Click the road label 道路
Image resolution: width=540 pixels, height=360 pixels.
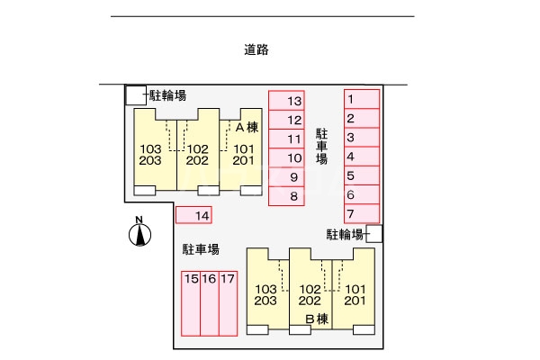[x=256, y=50]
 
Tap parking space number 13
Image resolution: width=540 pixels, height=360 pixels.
[x=286, y=100]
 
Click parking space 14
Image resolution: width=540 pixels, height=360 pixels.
[x=194, y=215]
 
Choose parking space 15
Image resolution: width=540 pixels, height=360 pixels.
[x=191, y=303]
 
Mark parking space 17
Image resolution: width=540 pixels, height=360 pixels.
[x=228, y=303]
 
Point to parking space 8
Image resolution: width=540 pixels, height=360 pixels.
[x=286, y=195]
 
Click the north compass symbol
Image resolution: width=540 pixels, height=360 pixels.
[x=139, y=234]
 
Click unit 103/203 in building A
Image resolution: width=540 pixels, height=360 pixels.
[x=151, y=155]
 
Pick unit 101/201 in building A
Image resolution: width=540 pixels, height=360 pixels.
[x=243, y=155]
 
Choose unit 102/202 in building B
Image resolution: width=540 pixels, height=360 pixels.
[x=310, y=294]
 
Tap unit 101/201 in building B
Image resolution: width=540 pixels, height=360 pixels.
[x=355, y=294]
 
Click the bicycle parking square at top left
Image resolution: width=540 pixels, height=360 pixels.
[x=134, y=94]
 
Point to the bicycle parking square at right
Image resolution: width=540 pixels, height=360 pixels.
[x=374, y=234]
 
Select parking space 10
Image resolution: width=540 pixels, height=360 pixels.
[x=286, y=157]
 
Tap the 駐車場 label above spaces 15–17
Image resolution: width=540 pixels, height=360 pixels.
[x=202, y=249]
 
